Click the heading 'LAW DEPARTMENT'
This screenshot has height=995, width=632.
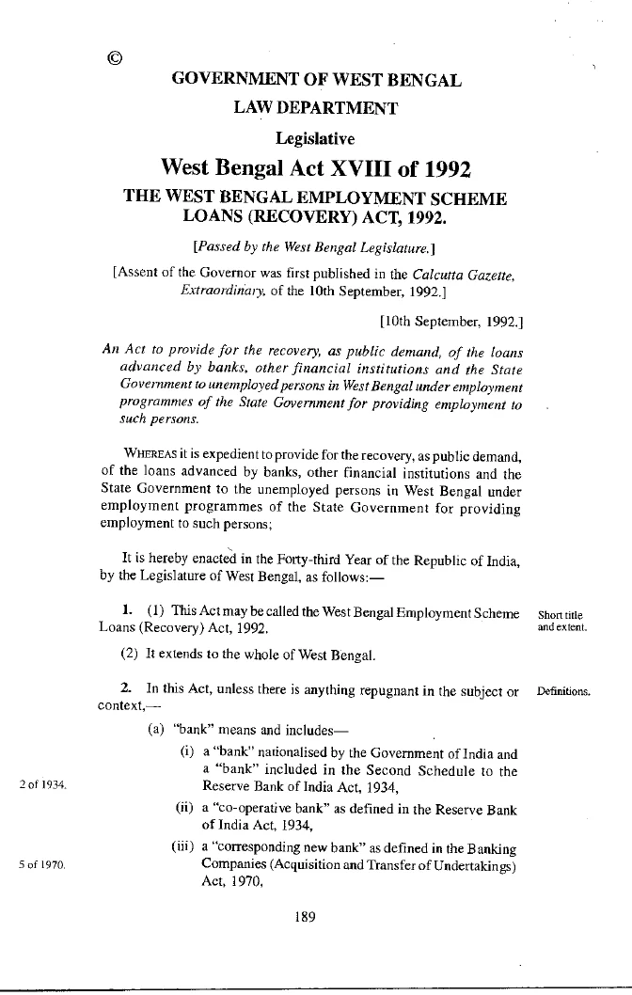(316, 108)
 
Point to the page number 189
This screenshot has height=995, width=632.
(303, 919)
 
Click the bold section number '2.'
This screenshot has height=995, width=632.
(126, 691)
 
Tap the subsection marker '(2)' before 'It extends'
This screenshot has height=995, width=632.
(129, 654)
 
